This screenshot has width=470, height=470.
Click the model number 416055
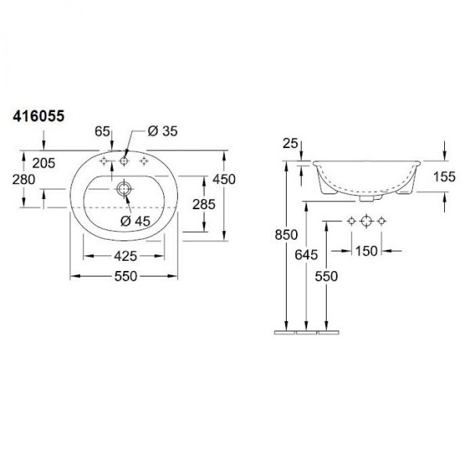click(x=38, y=116)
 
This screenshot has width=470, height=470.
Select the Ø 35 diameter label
click(x=162, y=131)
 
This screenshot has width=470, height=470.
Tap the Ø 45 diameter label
click(x=136, y=221)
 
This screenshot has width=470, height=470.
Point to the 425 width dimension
click(x=125, y=256)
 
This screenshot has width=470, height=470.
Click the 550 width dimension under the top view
click(x=125, y=276)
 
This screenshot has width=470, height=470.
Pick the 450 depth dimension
click(x=224, y=179)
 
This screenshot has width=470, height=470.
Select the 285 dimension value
click(x=204, y=204)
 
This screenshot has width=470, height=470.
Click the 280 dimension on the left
click(x=23, y=179)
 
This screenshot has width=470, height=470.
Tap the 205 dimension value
click(x=44, y=163)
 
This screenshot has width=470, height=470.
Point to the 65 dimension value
click(x=103, y=132)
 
